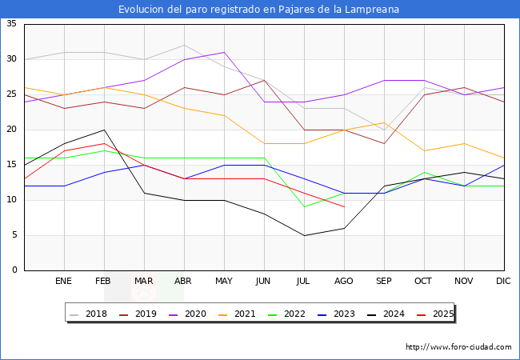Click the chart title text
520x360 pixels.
click(259, 10)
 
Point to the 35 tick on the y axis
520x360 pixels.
click(11, 24)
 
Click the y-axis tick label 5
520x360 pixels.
click(14, 235)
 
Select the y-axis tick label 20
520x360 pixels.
click(11, 130)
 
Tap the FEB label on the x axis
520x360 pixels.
click(104, 282)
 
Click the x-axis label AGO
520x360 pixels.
click(344, 282)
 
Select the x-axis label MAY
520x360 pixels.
click(224, 282)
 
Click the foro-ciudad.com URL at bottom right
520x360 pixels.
click(458, 347)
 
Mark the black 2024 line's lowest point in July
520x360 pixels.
click(304, 235)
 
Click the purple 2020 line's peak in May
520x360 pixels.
click(224, 52)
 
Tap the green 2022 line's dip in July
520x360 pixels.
click(304, 207)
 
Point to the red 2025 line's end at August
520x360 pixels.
click(344, 207)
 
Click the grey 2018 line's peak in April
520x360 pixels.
click(184, 45)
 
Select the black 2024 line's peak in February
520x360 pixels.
click(104, 130)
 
